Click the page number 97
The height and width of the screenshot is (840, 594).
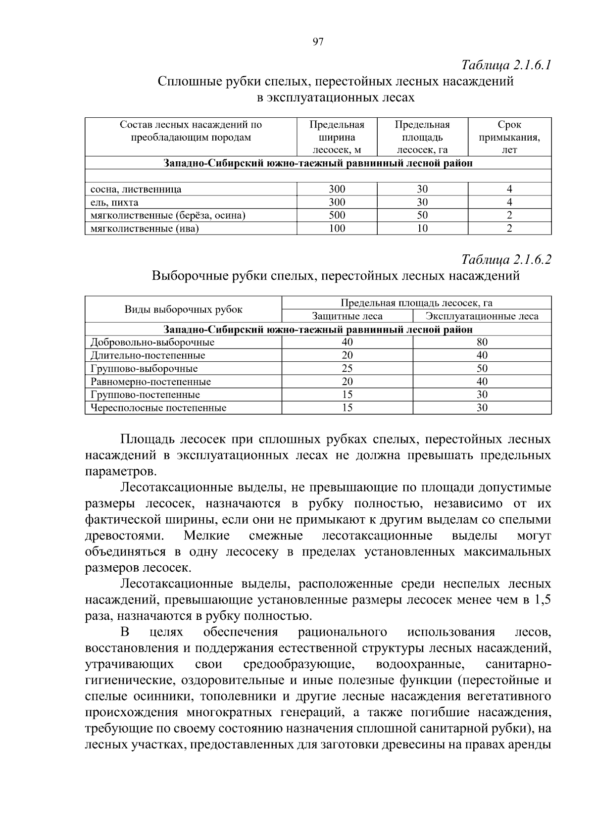pos(318,42)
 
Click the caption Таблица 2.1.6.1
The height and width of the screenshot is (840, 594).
pos(506,65)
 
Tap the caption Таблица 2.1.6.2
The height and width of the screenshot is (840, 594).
pos(506,259)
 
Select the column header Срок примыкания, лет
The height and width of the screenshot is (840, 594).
pos(509,137)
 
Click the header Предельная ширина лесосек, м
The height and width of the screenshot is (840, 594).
pos(337,137)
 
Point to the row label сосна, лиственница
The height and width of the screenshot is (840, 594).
pos(136,189)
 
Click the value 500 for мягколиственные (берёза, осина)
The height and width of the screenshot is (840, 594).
pos(337,215)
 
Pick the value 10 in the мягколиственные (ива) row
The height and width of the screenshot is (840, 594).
pos(422,228)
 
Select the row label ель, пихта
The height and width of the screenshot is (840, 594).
pos(114,202)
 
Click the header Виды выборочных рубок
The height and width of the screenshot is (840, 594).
pos(183,310)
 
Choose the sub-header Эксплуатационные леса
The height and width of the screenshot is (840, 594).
pos(482,316)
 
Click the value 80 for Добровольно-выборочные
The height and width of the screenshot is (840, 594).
pos(482,342)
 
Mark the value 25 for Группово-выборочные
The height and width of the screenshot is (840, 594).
pos(347,368)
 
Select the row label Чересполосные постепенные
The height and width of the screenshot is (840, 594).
pos(158,408)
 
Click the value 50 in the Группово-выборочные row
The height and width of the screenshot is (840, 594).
pos(482,368)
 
